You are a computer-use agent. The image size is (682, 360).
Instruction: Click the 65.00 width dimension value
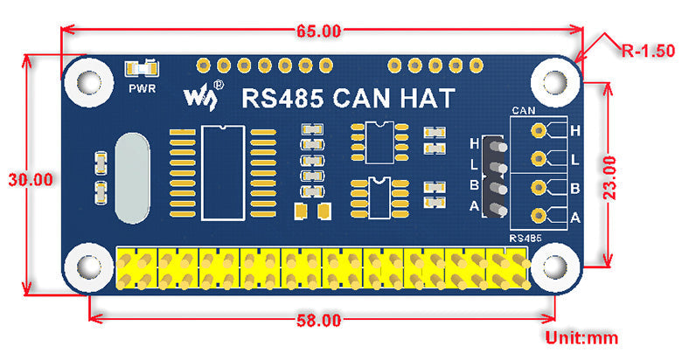click(318, 31)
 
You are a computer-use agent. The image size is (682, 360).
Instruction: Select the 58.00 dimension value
click(318, 320)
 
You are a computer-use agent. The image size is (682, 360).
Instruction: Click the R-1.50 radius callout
click(648, 51)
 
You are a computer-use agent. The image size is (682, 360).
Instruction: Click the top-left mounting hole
click(87, 80)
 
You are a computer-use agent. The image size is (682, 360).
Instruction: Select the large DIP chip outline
click(223, 172)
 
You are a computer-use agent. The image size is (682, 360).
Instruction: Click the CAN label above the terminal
click(524, 111)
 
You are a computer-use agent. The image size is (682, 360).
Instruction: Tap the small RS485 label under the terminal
click(525, 238)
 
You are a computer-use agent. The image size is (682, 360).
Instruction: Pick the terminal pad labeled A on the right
click(538, 216)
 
